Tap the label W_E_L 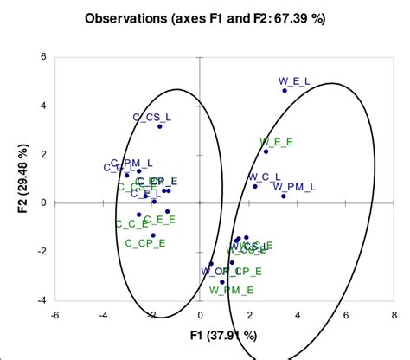pyautogui.click(x=293, y=81)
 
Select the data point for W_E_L pyautogui.click(x=285, y=91)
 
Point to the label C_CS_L pyautogui.click(x=151, y=116)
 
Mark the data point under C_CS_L pyautogui.click(x=160, y=126)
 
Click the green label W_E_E pyautogui.click(x=276, y=141)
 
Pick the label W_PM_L pyautogui.click(x=294, y=186)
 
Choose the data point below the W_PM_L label pyautogui.click(x=284, y=196)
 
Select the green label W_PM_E pyautogui.click(x=232, y=290)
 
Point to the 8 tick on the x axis pyautogui.click(x=394, y=315)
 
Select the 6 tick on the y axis pyautogui.click(x=44, y=57)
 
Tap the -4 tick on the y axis pyautogui.click(x=42, y=301)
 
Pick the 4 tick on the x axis pyautogui.click(x=297, y=315)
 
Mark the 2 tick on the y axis pyautogui.click(x=44, y=155)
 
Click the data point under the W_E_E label pyautogui.click(x=266, y=151)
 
